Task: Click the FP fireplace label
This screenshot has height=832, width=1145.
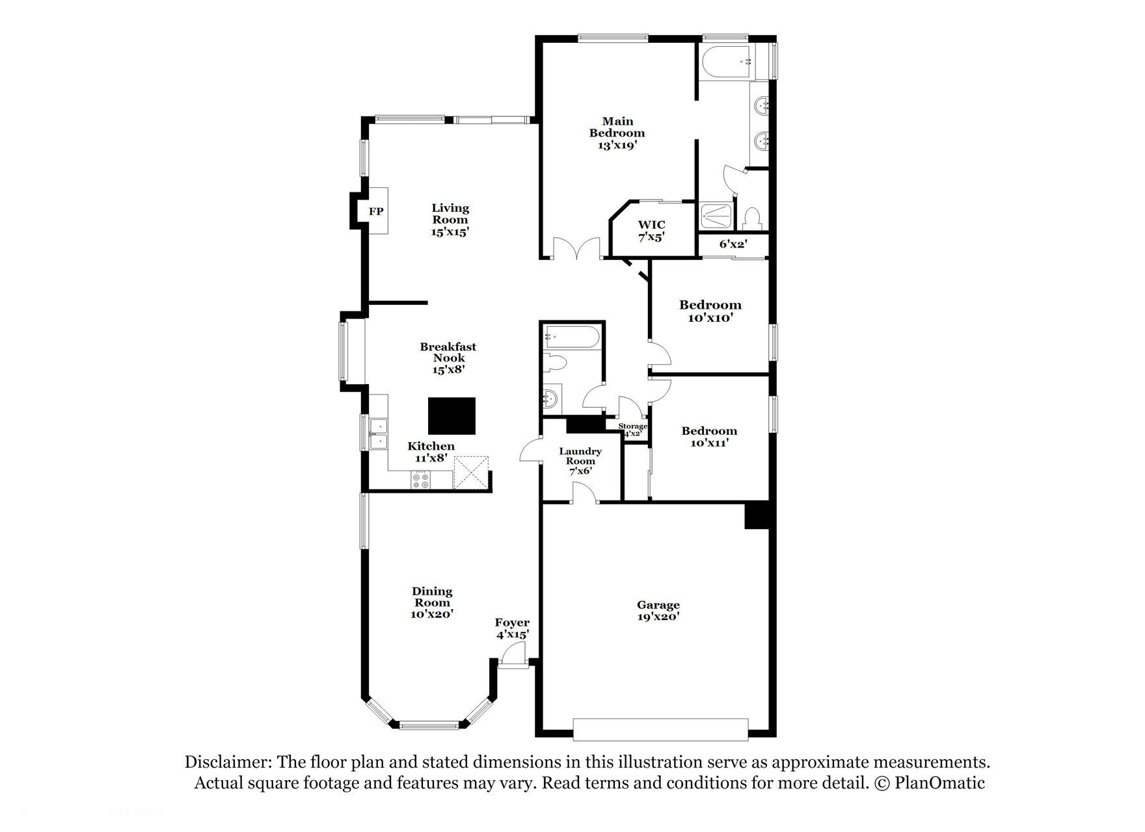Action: (x=376, y=211)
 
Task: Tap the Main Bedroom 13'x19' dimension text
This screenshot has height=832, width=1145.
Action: (x=617, y=146)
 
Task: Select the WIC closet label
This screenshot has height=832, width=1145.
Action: (x=651, y=225)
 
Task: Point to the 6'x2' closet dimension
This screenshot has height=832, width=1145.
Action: (x=733, y=244)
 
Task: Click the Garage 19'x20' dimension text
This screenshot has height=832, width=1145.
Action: (x=658, y=617)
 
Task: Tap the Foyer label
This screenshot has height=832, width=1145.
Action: (x=512, y=622)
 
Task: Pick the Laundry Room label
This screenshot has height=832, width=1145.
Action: (x=580, y=456)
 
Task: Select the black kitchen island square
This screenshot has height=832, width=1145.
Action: (x=451, y=416)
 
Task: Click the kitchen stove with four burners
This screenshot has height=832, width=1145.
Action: (x=420, y=480)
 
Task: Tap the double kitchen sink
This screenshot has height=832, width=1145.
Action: (x=378, y=434)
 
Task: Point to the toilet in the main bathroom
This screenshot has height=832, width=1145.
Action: (x=753, y=217)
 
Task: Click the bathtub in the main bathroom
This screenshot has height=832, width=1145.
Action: (x=726, y=62)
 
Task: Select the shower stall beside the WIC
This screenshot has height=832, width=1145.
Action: (x=718, y=215)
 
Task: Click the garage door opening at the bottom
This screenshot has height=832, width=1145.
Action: (x=660, y=729)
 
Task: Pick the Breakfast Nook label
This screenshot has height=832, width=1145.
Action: (x=448, y=352)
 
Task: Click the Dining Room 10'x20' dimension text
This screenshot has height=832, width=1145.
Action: (x=432, y=613)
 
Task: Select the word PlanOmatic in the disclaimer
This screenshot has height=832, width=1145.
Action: (x=939, y=783)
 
